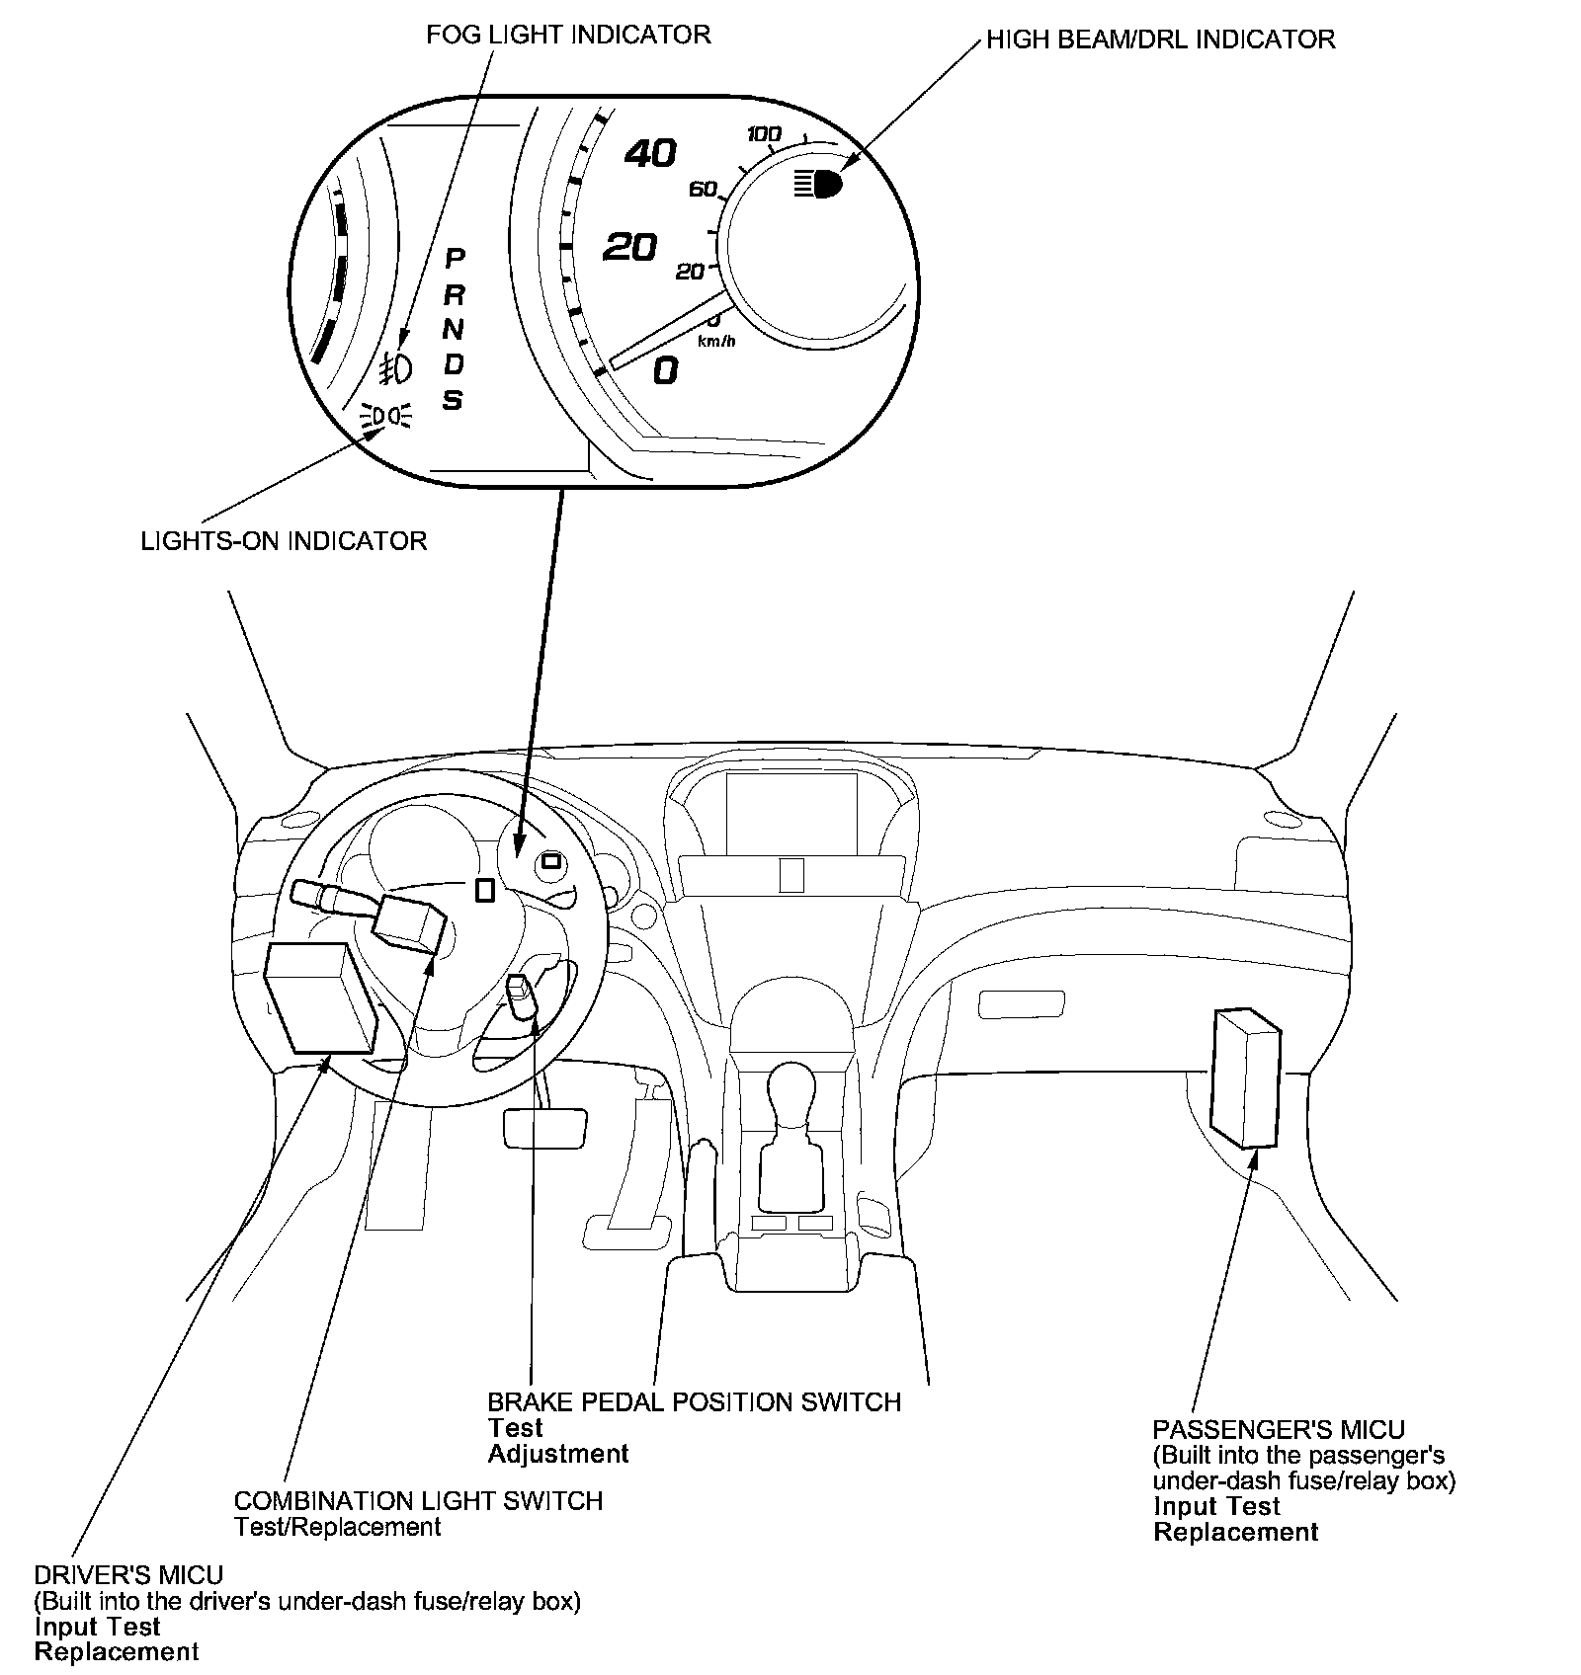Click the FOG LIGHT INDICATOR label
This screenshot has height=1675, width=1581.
pyautogui.click(x=568, y=35)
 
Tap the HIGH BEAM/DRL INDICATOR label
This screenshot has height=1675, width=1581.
pyautogui.click(x=1161, y=40)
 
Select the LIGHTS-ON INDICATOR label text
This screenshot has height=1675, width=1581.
pyautogui.click(x=284, y=541)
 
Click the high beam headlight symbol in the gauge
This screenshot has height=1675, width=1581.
pyautogui.click(x=817, y=183)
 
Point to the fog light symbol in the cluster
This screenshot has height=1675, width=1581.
pyautogui.click(x=396, y=367)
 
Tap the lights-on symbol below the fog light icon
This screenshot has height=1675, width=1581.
pyautogui.click(x=388, y=416)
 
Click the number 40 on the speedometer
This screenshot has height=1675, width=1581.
pyautogui.click(x=650, y=153)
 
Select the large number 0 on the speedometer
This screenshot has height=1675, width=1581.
pyautogui.click(x=666, y=370)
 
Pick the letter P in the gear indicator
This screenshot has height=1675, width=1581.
pyautogui.click(x=455, y=259)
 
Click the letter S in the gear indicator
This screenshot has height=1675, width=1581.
pyautogui.click(x=453, y=400)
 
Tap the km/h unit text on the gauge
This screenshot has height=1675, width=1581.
pyautogui.click(x=716, y=342)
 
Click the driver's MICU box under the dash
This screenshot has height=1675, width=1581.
pyautogui.click(x=319, y=997)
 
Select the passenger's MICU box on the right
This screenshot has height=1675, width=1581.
pyautogui.click(x=1245, y=1077)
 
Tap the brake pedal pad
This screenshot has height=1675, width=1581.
pyautogui.click(x=544, y=1127)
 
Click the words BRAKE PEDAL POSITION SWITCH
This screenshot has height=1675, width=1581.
pyautogui.click(x=694, y=1402)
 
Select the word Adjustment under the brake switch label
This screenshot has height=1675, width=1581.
pyautogui.click(x=558, y=1454)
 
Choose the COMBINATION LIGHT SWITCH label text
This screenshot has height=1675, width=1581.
pyautogui.click(x=418, y=1501)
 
